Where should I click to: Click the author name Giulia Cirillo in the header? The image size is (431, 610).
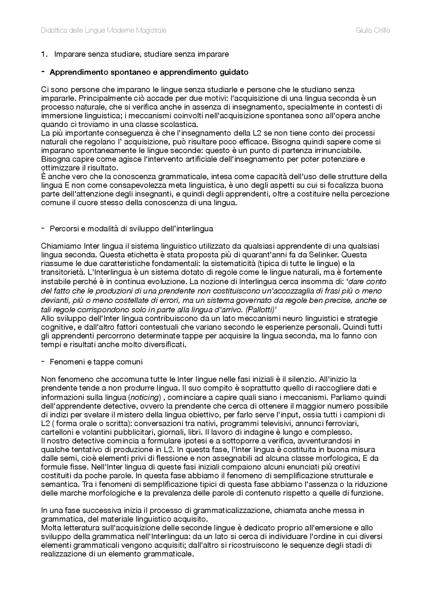coord(373,31)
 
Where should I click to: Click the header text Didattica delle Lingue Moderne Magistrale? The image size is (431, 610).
coord(103,31)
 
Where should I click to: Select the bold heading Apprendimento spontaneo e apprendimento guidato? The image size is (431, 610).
coord(149,72)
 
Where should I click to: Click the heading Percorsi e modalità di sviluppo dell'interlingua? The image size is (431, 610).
coord(131,229)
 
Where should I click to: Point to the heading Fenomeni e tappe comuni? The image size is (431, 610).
coord(96,362)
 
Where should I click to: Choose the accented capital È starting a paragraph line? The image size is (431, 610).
coord(43,176)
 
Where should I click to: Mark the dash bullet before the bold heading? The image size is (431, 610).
coord(43,72)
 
